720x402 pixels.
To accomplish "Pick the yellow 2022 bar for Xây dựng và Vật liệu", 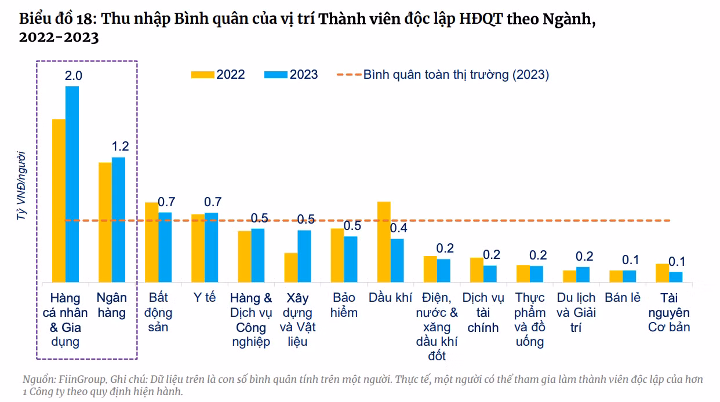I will [x=290, y=268].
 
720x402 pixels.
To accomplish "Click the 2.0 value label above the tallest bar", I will [x=74, y=76].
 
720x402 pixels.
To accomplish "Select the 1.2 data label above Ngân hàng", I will [x=120, y=147].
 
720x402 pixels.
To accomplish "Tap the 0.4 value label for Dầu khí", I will [x=398, y=228].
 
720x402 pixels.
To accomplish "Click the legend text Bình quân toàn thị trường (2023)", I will [x=456, y=75].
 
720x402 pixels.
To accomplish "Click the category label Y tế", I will [x=205, y=298].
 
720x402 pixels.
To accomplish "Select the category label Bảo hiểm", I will [x=344, y=305].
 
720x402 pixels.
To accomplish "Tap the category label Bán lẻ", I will [x=623, y=298].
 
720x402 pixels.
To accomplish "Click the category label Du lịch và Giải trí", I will [x=576, y=313].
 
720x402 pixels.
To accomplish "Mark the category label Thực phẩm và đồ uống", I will [x=530, y=320].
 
